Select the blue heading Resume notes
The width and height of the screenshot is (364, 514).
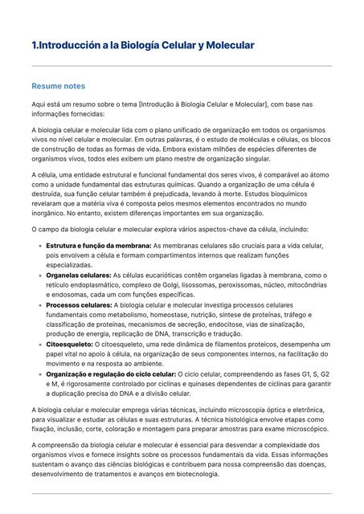click(x=58, y=86)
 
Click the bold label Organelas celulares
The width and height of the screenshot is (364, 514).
click(x=78, y=275)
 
